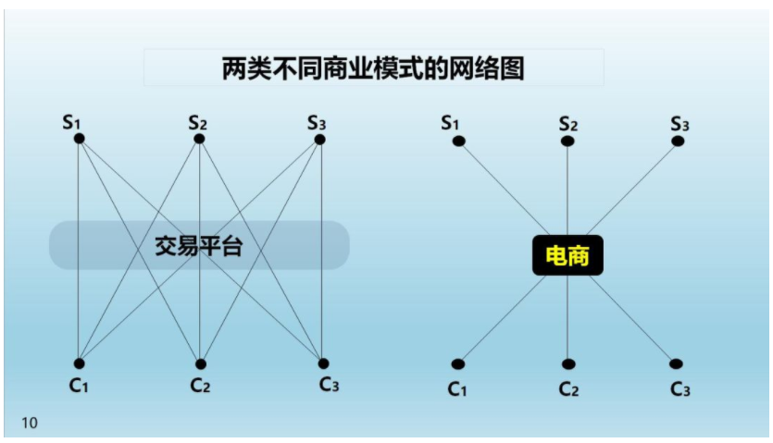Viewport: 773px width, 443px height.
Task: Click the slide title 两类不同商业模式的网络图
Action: [x=373, y=68]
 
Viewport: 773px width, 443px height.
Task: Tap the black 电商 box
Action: [x=567, y=255]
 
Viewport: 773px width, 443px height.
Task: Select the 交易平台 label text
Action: [x=199, y=246]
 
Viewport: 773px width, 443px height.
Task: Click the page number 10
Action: [x=30, y=423]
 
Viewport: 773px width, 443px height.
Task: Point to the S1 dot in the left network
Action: [x=79, y=139]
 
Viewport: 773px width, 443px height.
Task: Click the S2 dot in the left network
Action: [x=199, y=139]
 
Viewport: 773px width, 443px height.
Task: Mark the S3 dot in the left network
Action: [x=320, y=140]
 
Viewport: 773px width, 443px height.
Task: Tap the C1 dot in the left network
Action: [x=79, y=363]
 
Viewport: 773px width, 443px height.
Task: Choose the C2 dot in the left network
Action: [x=201, y=364]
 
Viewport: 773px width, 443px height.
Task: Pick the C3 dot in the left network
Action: [x=323, y=363]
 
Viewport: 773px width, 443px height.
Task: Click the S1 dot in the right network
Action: [x=459, y=142]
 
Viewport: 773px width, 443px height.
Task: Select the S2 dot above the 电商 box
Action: [x=567, y=142]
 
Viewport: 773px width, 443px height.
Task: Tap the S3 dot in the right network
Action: [x=678, y=142]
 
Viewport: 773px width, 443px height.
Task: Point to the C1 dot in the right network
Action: [x=458, y=364]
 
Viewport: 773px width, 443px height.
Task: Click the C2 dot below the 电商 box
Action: [x=568, y=364]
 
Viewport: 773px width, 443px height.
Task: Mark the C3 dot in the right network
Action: [x=676, y=364]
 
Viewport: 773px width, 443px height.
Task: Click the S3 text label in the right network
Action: [x=679, y=124]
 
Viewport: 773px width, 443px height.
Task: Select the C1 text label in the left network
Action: [x=79, y=385]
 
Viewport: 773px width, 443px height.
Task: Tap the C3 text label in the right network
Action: [x=680, y=389]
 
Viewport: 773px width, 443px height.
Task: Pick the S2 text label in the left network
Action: [x=198, y=122]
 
